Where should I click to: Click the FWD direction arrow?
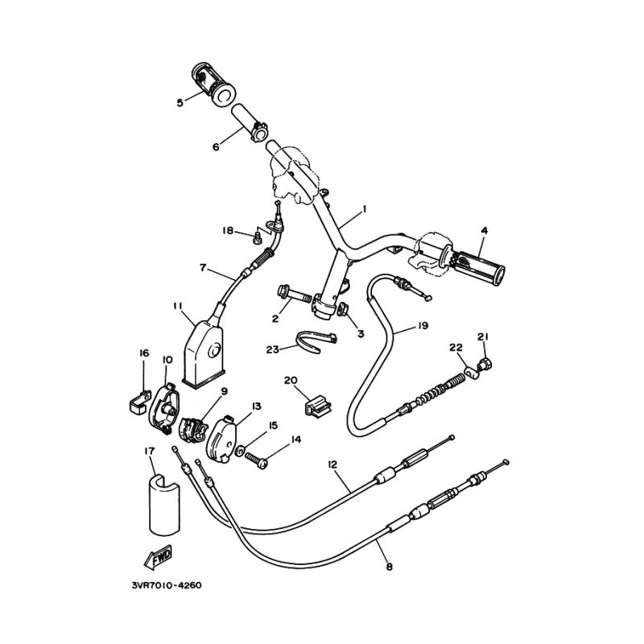[158, 558]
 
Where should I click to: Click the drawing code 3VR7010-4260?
[167, 585]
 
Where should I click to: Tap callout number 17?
[149, 451]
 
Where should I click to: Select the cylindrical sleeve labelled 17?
[164, 506]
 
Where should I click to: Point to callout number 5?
[180, 103]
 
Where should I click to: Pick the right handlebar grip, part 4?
[478, 263]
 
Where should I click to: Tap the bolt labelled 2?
[294, 294]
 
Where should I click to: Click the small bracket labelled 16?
[137, 402]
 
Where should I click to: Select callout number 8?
[390, 568]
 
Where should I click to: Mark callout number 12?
[332, 464]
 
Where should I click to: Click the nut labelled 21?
[485, 364]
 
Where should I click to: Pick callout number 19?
[423, 326]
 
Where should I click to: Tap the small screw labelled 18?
[257, 237]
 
